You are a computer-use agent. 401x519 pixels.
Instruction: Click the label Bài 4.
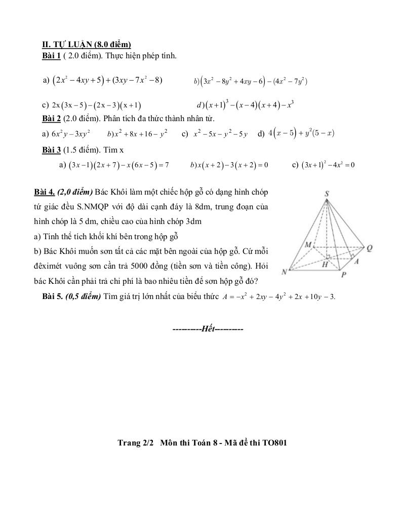click(44, 192)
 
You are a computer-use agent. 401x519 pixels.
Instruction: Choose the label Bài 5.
click(52, 296)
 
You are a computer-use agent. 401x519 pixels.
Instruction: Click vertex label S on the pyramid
click(327, 194)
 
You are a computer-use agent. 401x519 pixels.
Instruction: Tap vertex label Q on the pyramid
click(370, 248)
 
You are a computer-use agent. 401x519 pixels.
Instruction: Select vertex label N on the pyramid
click(285, 272)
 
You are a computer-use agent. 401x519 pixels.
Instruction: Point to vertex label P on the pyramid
click(344, 275)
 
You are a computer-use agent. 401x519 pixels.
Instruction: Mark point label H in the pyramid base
click(325, 264)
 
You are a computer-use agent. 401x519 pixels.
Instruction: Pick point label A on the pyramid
click(356, 262)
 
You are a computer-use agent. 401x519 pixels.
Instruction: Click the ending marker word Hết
click(208, 329)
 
